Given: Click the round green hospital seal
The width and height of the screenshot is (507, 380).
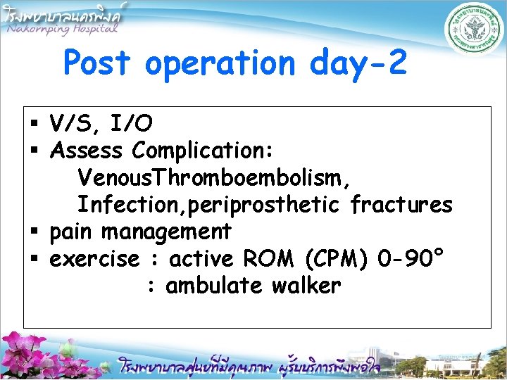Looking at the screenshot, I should tap(471, 32).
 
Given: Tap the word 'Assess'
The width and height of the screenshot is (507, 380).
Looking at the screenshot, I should tap(87, 151).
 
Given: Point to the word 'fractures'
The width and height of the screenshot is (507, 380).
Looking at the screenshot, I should tap(401, 205).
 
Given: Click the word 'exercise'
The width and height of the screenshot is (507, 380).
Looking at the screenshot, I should tap(95, 258).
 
